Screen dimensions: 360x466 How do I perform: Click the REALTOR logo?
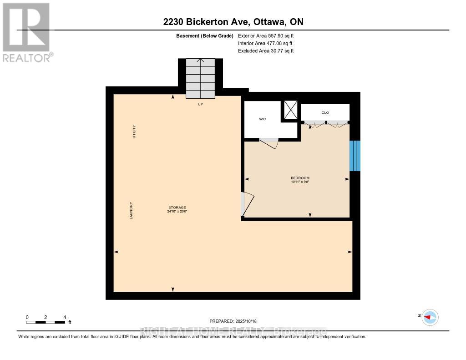pyautogui.click(x=27, y=32)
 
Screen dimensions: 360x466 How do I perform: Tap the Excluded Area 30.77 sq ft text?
pyautogui.click(x=266, y=51)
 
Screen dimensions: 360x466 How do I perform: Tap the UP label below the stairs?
pyautogui.click(x=200, y=104)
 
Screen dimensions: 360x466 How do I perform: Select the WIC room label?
pyautogui.click(x=263, y=119)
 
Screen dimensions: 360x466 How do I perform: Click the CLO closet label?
pyautogui.click(x=325, y=112)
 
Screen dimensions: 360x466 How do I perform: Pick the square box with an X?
pyautogui.click(x=290, y=109)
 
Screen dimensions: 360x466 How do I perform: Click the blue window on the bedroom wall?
pyautogui.click(x=355, y=156)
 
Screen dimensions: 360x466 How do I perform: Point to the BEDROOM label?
pyautogui.click(x=300, y=178)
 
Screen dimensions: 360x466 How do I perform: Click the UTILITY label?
pyautogui.click(x=134, y=132)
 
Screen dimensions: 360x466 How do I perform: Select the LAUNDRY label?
pyautogui.click(x=131, y=211)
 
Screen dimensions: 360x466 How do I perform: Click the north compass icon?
pyautogui.click(x=429, y=317)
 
